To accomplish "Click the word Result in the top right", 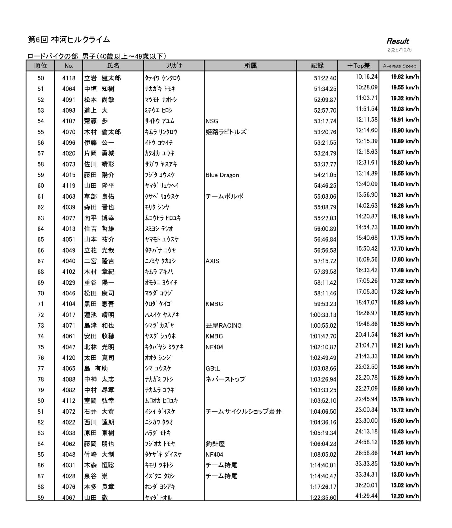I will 397,41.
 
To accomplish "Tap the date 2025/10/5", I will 399,50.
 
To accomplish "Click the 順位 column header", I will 40,66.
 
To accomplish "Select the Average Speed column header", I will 399,66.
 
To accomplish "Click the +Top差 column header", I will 358,66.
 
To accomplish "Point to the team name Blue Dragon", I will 222,175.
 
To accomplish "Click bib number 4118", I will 69,78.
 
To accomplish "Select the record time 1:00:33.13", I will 323,315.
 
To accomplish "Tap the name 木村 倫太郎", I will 102,132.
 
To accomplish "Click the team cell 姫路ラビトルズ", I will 226,132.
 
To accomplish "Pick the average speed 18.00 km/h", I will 404,227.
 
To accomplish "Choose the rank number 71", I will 40,304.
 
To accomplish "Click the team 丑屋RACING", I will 223,326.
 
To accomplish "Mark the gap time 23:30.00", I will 366,421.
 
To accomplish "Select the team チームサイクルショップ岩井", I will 243,412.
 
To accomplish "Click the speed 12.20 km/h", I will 404,496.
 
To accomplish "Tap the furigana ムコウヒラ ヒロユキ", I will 163,218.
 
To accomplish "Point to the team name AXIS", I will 212,261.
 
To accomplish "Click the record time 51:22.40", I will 325,78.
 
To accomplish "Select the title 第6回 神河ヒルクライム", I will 69,40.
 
